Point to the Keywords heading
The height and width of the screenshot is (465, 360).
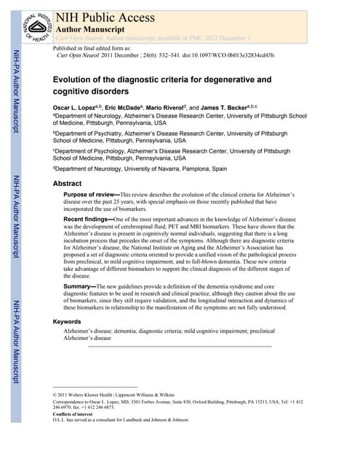[72, 321]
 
